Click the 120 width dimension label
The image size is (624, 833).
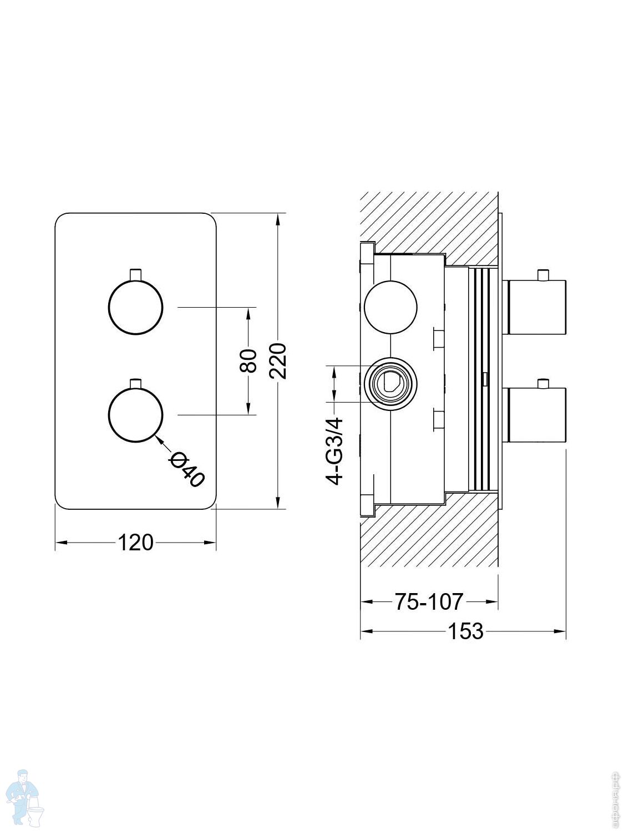pos(135,542)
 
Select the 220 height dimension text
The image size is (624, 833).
pos(277,361)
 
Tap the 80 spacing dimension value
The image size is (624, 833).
pos(248,360)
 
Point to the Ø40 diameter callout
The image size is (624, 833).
pos(187,469)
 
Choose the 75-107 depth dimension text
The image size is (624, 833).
pos(428,601)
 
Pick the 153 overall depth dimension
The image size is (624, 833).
pos(465,631)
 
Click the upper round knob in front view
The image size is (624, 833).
pos(135,307)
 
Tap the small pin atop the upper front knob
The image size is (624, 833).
pos(135,274)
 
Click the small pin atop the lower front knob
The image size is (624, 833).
pos(135,383)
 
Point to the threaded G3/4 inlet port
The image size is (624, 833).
pos(390,383)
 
